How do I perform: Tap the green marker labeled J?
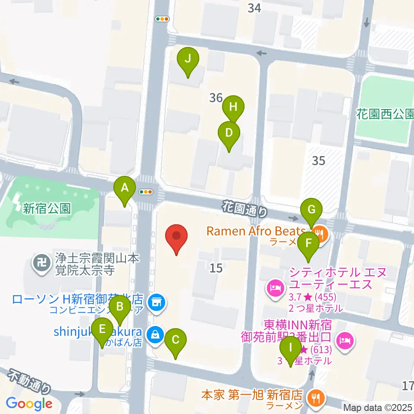188,59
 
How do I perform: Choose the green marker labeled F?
308,243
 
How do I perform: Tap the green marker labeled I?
291,347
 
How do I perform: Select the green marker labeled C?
176,339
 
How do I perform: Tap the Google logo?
29,404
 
